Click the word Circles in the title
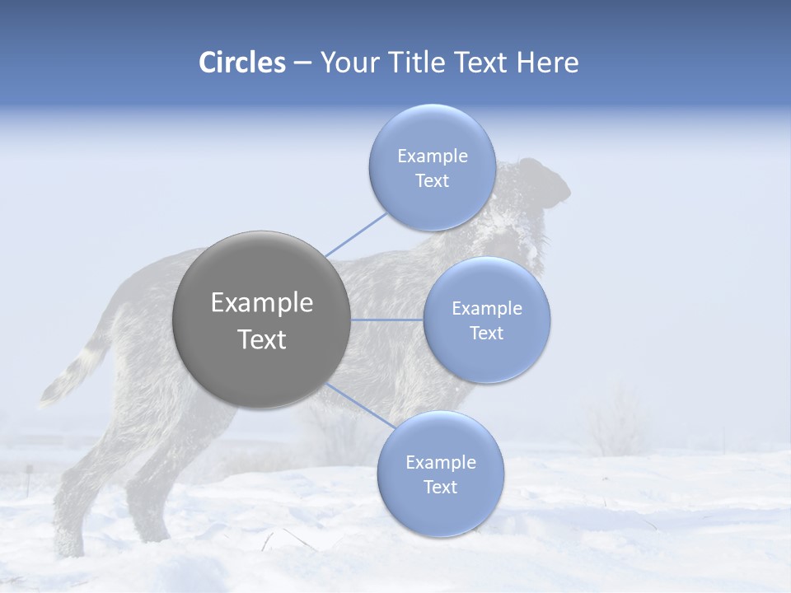[x=241, y=63]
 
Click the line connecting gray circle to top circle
[x=356, y=234]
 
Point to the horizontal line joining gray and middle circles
[x=387, y=320]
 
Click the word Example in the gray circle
[x=261, y=303]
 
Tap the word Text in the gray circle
[x=261, y=339]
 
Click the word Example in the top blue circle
[x=433, y=156]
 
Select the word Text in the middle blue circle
[x=487, y=333]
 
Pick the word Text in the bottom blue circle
[x=441, y=487]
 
